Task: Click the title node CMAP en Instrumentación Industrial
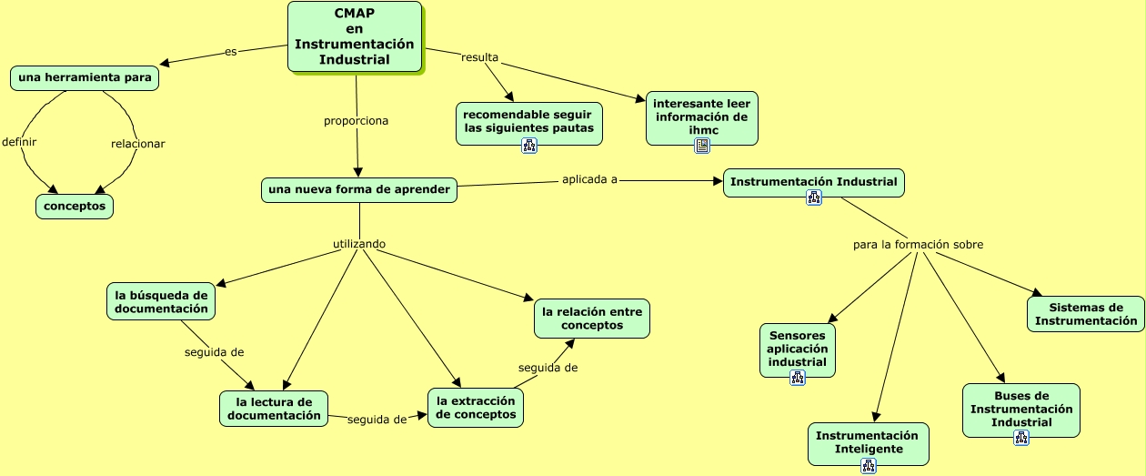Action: (x=355, y=36)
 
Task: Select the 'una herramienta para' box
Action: (x=85, y=77)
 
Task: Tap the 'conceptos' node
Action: (x=75, y=207)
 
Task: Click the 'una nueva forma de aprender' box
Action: (x=359, y=190)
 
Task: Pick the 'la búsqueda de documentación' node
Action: (x=161, y=301)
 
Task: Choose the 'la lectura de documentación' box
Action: (x=274, y=409)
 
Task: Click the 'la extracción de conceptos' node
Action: (x=476, y=408)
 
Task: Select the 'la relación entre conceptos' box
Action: (x=592, y=319)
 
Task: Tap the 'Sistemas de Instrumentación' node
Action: (x=1086, y=314)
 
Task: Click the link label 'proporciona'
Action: (x=357, y=121)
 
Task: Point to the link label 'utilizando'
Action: (x=359, y=244)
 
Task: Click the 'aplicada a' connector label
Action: (x=590, y=179)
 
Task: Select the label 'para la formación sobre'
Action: (x=919, y=245)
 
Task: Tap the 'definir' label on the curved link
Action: (x=19, y=142)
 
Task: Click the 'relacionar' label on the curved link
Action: (x=138, y=144)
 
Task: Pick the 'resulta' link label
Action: (x=480, y=57)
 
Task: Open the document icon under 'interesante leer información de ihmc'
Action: (x=702, y=146)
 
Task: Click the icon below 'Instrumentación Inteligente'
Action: (x=869, y=466)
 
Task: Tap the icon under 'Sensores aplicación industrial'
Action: (x=798, y=379)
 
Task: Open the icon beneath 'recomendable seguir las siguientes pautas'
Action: (x=529, y=146)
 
